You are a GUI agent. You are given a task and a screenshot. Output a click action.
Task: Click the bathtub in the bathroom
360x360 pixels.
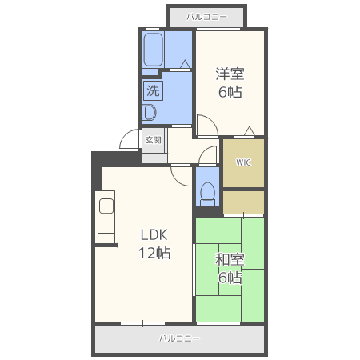click(x=153, y=50)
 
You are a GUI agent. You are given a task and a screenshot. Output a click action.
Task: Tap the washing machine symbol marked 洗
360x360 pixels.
click(x=153, y=90)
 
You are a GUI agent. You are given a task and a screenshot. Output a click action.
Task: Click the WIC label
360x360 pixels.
click(x=243, y=162)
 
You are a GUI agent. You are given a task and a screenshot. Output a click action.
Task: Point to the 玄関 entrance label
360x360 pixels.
click(x=153, y=140)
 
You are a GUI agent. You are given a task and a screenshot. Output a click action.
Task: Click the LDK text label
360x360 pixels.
click(x=154, y=235)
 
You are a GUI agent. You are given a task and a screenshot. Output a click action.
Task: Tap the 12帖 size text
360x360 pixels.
click(x=154, y=253)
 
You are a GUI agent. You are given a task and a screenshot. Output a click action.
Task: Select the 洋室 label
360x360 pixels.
click(x=230, y=74)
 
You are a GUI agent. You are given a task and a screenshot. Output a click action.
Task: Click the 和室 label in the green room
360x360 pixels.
click(x=230, y=259)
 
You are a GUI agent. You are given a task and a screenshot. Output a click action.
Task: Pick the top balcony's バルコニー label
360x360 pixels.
click(x=206, y=18)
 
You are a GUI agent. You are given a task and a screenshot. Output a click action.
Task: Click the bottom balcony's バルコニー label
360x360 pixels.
click(x=179, y=338)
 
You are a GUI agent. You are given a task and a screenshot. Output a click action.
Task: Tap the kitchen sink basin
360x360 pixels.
click(x=106, y=206)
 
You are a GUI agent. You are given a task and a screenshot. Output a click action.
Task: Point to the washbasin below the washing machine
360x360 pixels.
click(x=150, y=113)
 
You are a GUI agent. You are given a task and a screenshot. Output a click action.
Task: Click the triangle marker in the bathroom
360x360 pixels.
click(x=185, y=64)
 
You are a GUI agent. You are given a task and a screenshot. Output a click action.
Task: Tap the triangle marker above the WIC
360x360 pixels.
click(x=250, y=131)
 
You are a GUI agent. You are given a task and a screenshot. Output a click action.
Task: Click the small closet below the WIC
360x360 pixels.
click(x=243, y=202)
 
